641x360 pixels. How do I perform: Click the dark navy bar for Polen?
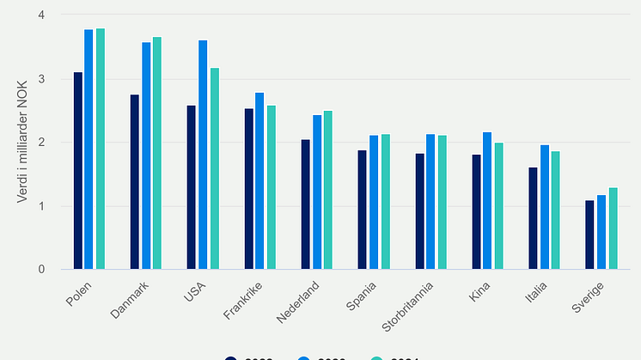(78, 171)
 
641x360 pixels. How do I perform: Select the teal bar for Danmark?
(157, 154)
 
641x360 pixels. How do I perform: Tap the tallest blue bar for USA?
(203, 155)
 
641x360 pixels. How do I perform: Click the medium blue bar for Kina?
(487, 201)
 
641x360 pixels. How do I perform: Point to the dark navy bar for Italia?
(534, 218)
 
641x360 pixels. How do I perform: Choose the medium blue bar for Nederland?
(317, 192)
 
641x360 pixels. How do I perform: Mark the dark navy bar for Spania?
(363, 210)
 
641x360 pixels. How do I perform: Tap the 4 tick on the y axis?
(41, 15)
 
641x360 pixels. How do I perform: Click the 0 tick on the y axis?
(41, 270)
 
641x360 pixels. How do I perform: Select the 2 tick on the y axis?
(41, 143)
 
